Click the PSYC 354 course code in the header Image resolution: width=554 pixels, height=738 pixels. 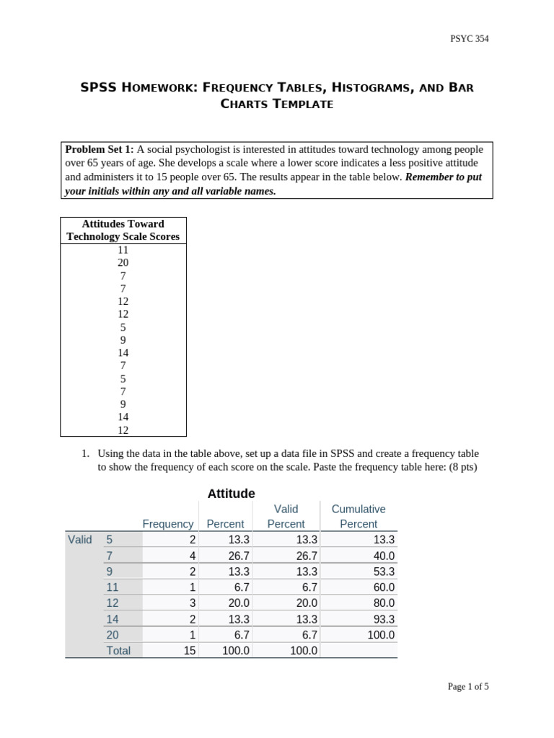tap(468, 39)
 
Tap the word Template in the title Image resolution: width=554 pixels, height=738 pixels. tap(302, 104)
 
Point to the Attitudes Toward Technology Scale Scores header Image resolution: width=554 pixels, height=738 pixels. tap(123, 230)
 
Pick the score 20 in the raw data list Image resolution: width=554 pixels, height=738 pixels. tap(123, 263)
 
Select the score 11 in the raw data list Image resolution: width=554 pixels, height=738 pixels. tap(123, 250)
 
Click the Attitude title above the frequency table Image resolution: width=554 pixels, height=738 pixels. tap(231, 494)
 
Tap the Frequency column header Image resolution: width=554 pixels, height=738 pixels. tap(167, 524)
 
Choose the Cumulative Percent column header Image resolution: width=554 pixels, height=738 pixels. tap(359, 516)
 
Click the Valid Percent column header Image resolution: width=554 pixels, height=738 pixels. tap(286, 516)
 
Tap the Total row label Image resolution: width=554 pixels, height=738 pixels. tap(118, 651)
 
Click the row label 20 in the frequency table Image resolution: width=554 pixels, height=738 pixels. tap(113, 635)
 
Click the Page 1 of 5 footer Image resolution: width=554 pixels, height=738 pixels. tap(467, 687)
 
